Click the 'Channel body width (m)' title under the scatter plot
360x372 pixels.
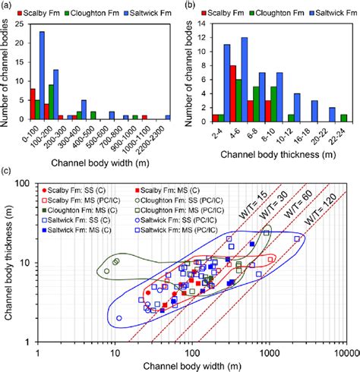(x=191, y=366)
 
